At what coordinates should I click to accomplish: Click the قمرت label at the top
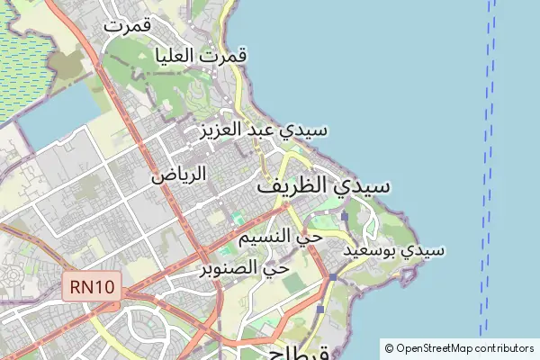pos(126,25)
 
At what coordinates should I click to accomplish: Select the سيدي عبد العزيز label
pos(262,130)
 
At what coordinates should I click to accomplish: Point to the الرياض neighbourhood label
pos(178,174)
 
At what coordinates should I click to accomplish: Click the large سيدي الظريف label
pos(324,187)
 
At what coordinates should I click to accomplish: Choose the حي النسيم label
pos(279,237)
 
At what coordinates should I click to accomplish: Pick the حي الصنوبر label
pos(244,267)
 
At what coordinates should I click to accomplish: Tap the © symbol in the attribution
pos(390,348)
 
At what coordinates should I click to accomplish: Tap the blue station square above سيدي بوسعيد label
pos(345,216)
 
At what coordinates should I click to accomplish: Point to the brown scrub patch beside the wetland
pos(65,63)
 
